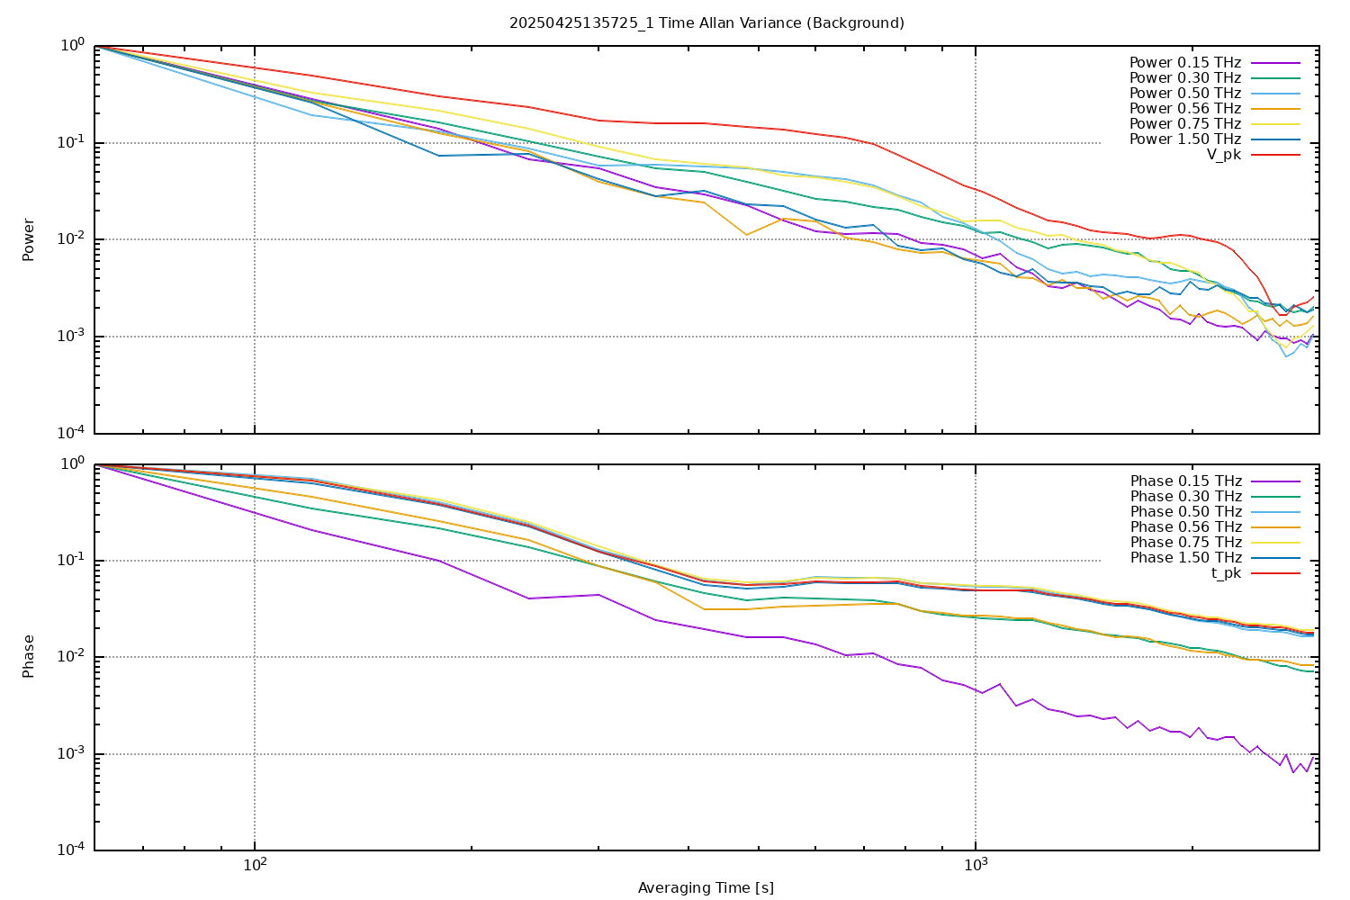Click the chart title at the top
point(706,22)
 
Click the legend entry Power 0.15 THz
point(1184,63)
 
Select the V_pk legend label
point(1223,155)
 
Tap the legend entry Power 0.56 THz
point(1184,109)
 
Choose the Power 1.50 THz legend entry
point(1184,139)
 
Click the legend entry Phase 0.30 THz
point(1185,497)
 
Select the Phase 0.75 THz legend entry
point(1185,543)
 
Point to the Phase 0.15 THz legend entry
point(1185,481)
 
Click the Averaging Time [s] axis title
point(706,888)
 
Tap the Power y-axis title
point(29,239)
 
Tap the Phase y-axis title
point(29,656)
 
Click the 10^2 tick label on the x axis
point(255,866)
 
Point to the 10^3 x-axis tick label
point(976,866)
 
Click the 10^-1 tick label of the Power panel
point(71,143)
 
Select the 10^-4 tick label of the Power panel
point(71,434)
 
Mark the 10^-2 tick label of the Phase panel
point(71,657)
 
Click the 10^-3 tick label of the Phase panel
point(71,754)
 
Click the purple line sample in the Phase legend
point(1275,481)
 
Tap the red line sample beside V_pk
point(1275,155)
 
